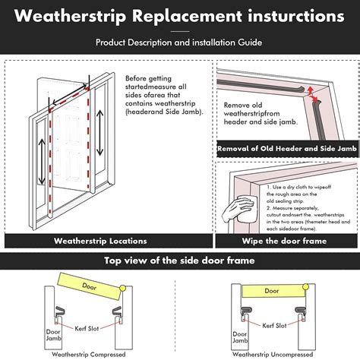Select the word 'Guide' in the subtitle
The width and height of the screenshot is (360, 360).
250,43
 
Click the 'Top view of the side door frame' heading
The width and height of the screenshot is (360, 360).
179,261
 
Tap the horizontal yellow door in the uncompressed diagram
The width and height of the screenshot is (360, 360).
271,290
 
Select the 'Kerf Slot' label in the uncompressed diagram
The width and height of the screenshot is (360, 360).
270,324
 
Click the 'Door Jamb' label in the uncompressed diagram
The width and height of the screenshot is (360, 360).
237,336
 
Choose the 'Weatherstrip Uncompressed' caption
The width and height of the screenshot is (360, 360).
272,355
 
